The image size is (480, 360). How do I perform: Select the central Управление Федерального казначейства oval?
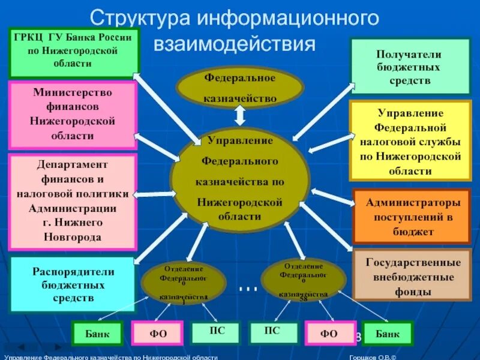tap(240, 178)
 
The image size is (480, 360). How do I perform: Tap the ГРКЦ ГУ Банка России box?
tap(73, 52)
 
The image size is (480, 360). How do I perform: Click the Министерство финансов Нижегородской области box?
tap(73, 115)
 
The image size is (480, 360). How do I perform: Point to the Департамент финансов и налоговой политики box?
tap(73, 201)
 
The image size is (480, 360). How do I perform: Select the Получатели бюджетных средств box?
tap(410, 66)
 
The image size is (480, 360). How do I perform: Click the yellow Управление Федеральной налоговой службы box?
tap(410, 142)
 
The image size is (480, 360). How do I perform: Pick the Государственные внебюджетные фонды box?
tap(410, 277)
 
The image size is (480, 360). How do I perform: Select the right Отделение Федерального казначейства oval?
tap(304, 280)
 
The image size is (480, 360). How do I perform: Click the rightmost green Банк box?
tap(388, 333)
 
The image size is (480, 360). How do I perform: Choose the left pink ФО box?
tap(157, 334)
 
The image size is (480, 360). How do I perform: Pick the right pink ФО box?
tap(329, 334)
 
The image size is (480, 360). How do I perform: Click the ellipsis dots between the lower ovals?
tap(248, 289)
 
